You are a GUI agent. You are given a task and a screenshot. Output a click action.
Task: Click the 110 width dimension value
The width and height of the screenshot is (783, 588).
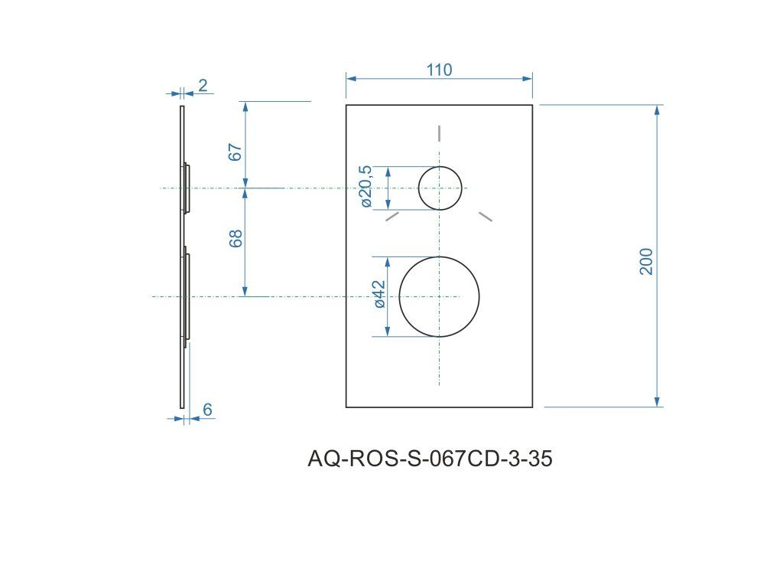click(x=439, y=70)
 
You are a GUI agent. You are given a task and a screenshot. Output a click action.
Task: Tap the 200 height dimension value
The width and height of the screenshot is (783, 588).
click(x=647, y=261)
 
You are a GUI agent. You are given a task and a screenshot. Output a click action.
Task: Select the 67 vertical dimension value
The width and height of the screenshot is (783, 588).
click(x=236, y=151)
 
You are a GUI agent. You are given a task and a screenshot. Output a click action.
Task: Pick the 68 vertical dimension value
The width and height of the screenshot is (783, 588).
click(x=236, y=238)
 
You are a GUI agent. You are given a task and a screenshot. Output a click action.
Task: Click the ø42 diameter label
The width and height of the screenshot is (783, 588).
click(x=379, y=294)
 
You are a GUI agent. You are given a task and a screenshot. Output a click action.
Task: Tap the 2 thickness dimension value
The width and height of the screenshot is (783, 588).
click(x=203, y=85)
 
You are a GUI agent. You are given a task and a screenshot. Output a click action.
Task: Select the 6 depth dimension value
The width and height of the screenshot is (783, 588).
click(x=207, y=410)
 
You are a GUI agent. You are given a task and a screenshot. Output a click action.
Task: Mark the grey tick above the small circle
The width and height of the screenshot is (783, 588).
click(x=440, y=133)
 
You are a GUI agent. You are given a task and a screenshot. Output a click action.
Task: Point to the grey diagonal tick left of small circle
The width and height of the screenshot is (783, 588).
click(x=392, y=217)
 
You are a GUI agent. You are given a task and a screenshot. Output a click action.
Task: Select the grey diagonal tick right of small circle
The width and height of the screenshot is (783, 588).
click(x=486, y=217)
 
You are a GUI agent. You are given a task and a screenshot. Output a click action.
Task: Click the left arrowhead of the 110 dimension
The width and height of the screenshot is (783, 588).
click(x=351, y=77)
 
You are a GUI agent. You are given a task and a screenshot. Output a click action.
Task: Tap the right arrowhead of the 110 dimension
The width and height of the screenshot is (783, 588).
click(x=528, y=77)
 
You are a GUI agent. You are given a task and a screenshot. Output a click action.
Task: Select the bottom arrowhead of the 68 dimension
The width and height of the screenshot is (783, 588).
click(x=245, y=291)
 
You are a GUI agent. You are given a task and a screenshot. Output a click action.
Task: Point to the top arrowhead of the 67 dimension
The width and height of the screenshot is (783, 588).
click(x=245, y=106)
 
